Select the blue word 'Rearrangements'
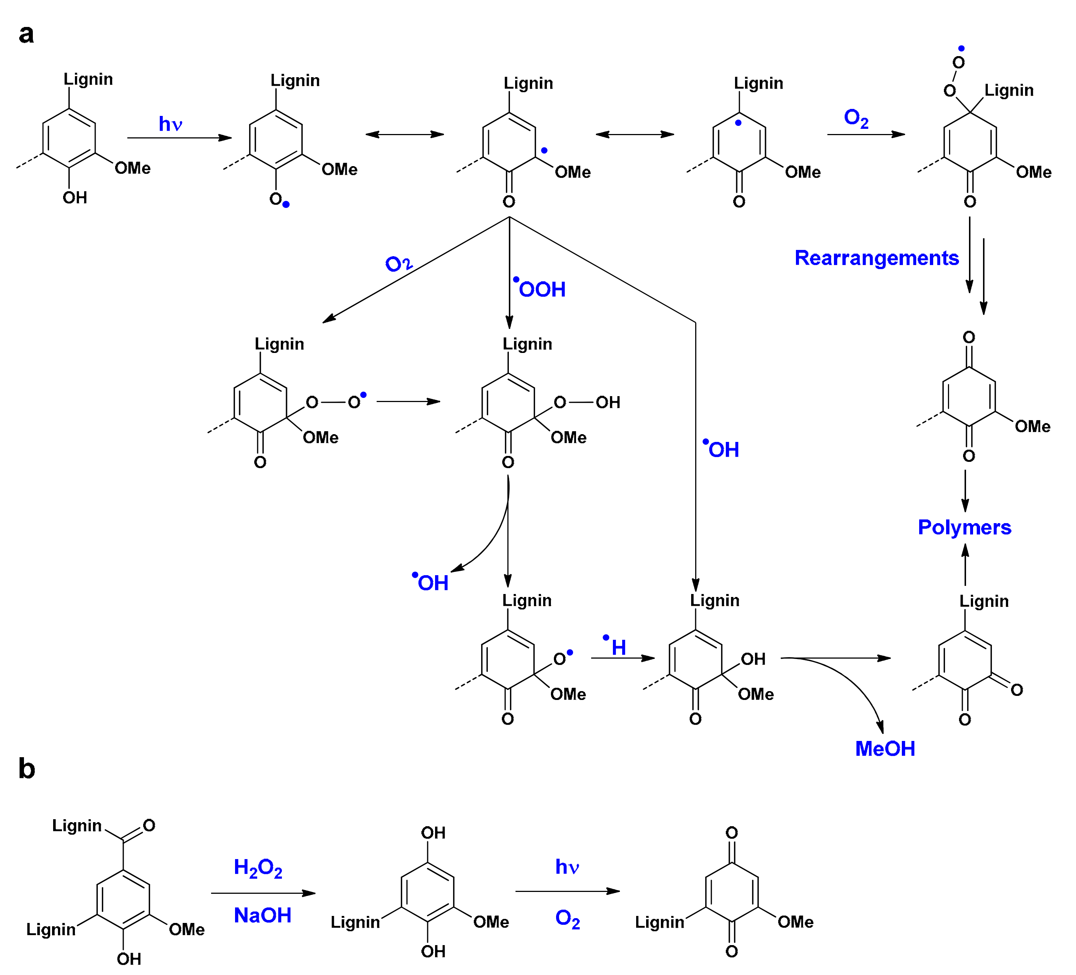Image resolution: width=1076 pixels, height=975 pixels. pos(876,258)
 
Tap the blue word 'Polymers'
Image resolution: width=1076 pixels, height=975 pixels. pos(964,528)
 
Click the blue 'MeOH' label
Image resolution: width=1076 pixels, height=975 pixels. pos(884,749)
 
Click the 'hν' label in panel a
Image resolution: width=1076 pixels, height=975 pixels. pos(170,124)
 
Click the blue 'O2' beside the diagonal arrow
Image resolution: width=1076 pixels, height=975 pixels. pos(398,264)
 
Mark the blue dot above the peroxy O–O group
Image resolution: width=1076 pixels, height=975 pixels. pos(961,49)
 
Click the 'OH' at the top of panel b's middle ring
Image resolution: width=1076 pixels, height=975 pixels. pos(433,833)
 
